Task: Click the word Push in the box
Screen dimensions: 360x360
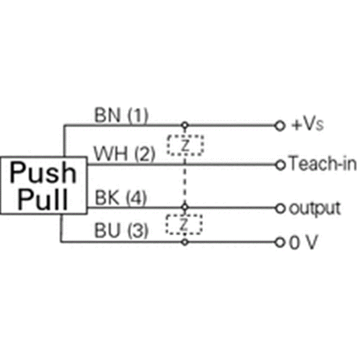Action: (44, 173)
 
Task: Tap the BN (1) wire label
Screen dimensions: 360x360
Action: (121, 116)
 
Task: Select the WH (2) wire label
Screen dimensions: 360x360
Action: (125, 155)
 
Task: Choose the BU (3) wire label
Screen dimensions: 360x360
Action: (121, 232)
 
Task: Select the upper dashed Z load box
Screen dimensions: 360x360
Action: (184, 145)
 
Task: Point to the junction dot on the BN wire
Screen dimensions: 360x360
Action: (184, 125)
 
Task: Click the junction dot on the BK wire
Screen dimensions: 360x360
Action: (184, 208)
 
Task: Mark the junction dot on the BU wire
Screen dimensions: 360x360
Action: (184, 242)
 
